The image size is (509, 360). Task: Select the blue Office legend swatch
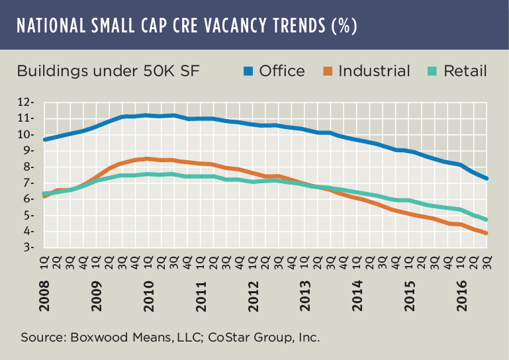point(249,71)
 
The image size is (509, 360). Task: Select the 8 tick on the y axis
point(30,167)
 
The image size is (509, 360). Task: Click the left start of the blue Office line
point(44,140)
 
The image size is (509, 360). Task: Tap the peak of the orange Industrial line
point(146,158)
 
